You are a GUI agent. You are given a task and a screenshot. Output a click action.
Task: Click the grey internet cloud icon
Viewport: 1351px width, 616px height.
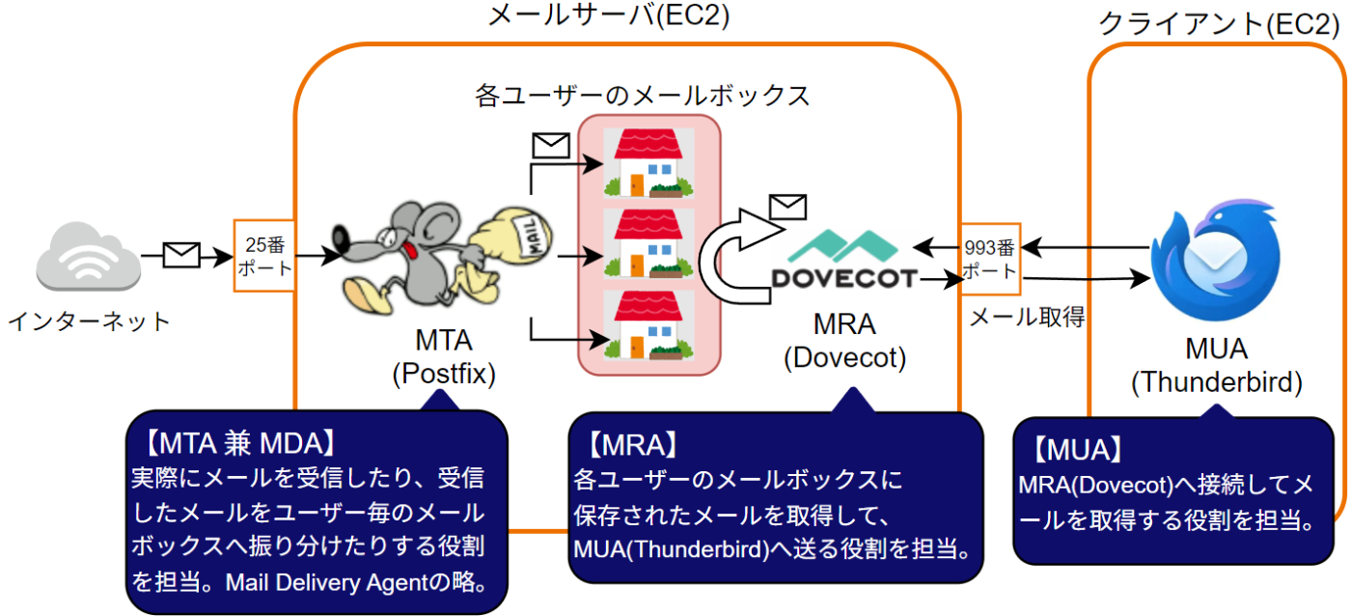point(88,256)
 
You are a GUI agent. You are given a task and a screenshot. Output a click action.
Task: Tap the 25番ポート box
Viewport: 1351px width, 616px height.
point(264,256)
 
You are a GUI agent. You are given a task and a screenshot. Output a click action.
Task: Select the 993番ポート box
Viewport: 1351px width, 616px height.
point(990,259)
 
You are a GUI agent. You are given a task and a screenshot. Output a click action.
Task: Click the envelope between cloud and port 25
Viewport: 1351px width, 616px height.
point(181,255)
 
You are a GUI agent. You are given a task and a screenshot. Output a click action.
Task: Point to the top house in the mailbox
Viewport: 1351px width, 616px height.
point(648,163)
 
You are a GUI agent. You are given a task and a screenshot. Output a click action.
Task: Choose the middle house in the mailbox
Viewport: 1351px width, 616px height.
point(648,243)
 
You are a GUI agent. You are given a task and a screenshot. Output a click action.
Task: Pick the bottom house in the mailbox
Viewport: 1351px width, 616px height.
point(648,325)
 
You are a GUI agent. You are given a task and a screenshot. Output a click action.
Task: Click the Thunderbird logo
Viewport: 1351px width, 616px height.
point(1215,260)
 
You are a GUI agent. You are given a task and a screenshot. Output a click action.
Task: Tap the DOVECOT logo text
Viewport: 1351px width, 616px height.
point(844,279)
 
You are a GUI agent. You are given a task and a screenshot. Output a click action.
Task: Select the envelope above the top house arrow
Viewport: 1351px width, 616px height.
point(551,146)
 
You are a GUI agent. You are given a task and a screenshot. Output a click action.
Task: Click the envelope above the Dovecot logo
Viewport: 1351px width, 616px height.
point(787,207)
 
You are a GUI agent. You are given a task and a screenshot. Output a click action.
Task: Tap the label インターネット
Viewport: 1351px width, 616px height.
point(89,322)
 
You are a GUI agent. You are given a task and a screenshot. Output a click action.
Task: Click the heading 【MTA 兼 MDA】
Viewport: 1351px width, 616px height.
point(240,443)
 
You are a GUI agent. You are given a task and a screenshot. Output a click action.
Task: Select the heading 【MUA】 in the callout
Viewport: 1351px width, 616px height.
point(1078,450)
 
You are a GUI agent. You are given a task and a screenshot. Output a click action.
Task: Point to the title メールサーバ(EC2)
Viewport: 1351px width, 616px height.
point(609,15)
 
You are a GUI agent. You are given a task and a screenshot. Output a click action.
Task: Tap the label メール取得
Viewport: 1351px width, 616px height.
point(1027,317)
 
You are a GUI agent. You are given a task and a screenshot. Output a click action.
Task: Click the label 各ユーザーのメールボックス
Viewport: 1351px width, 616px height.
point(642,96)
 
